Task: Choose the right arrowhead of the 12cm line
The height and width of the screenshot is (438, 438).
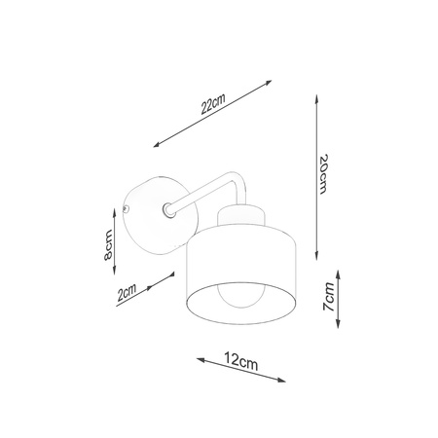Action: [x=285, y=379]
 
